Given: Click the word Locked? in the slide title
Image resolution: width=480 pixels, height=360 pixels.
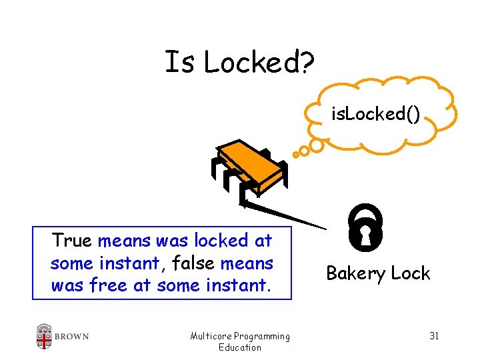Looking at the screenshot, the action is click(259, 63).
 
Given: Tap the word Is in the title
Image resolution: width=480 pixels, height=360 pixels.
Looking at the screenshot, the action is click(179, 63).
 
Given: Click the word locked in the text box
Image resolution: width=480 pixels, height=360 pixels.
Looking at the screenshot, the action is click(214, 239).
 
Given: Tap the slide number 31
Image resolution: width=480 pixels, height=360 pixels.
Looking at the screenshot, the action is click(433, 335).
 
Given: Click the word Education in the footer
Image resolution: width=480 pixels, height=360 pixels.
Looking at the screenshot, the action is click(240, 347).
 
